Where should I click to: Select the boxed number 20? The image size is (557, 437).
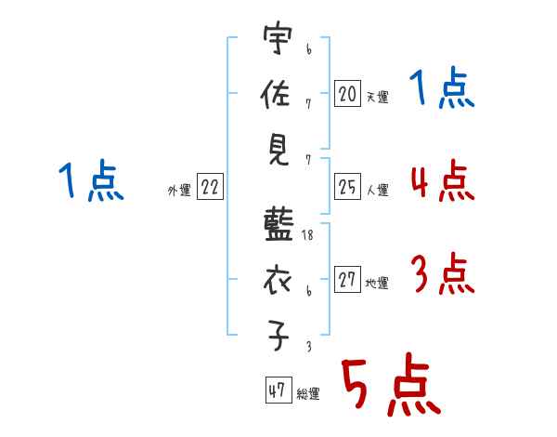coord(347,93)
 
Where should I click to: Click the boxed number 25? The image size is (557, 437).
coord(347,187)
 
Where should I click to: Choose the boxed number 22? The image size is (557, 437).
coord(209,187)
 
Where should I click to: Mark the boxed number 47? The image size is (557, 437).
coord(277,391)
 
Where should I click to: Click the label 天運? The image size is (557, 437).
coord(377,97)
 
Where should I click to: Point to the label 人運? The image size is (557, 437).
coord(377,191)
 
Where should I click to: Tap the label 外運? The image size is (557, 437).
coord(179,191)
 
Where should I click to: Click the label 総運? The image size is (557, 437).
coord(307,394)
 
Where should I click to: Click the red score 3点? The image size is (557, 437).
coord(441,274)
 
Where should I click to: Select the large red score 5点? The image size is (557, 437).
coord(389,384)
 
